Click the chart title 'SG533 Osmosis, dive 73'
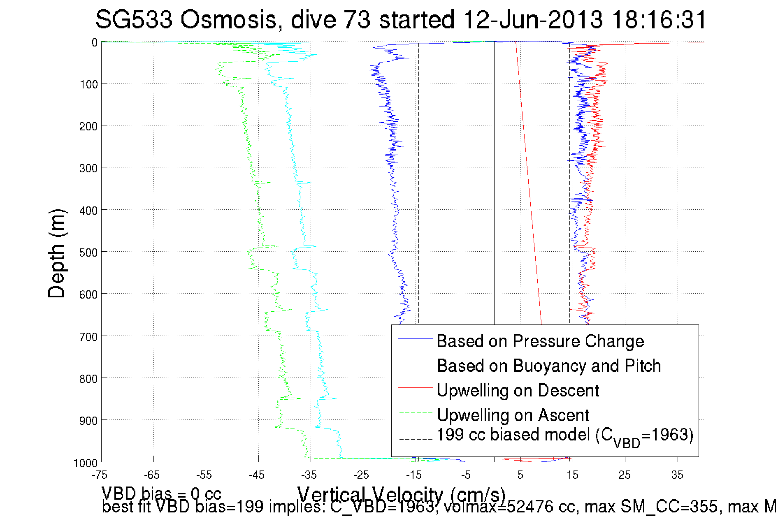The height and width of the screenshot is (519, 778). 232,20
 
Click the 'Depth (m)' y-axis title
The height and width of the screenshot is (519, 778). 57,253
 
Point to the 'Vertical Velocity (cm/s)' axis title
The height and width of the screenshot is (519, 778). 401,494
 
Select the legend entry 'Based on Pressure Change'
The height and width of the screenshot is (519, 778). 540,341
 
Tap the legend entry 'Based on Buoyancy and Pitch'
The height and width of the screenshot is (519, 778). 548,366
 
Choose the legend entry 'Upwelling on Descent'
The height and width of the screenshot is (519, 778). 518,391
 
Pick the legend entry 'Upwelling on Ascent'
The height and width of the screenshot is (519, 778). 513,415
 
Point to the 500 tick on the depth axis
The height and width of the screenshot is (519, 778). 88,253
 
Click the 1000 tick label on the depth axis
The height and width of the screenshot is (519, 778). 86,463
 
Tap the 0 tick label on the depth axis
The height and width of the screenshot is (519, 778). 95,42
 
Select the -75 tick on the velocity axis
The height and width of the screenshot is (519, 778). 100,475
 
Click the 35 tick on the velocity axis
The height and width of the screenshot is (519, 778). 677,475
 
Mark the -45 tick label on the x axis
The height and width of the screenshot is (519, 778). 257,475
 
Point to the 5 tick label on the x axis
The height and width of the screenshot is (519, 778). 520,475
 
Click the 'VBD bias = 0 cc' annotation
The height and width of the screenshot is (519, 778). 161,493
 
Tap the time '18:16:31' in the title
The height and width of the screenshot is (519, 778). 659,20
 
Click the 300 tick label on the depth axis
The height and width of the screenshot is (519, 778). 88,168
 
